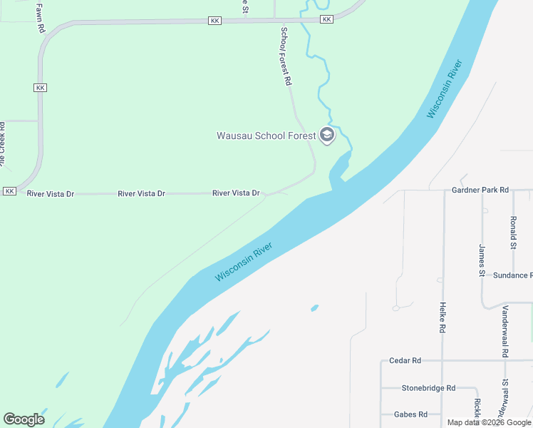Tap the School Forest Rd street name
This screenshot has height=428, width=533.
(x=285, y=57)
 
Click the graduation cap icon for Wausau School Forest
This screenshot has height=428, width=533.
(x=327, y=135)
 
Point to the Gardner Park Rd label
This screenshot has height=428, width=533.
(x=480, y=190)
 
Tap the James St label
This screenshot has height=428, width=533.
(x=482, y=260)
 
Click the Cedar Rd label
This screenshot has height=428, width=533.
(x=405, y=361)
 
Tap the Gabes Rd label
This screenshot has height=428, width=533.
(x=410, y=414)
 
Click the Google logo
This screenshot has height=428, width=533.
(x=24, y=419)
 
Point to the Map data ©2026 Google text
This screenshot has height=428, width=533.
(x=488, y=422)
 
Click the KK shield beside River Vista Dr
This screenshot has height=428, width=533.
(x=9, y=191)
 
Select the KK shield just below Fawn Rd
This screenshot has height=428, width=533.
(x=40, y=87)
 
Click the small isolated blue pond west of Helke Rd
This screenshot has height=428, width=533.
(x=314, y=308)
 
